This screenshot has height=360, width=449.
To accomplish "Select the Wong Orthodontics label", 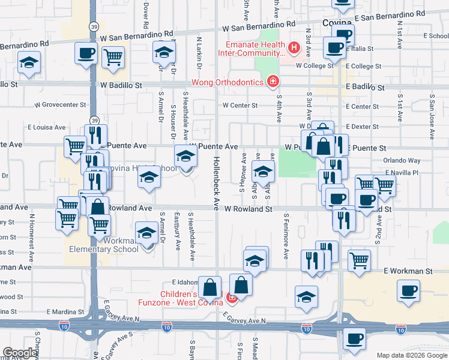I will (228, 82).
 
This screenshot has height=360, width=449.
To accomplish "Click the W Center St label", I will (240, 106).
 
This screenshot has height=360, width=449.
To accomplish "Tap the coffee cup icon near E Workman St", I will (409, 290).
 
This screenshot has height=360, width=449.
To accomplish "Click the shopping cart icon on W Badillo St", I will (113, 58).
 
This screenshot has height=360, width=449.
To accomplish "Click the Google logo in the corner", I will (20, 352).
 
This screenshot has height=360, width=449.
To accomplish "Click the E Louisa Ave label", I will (47, 127).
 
